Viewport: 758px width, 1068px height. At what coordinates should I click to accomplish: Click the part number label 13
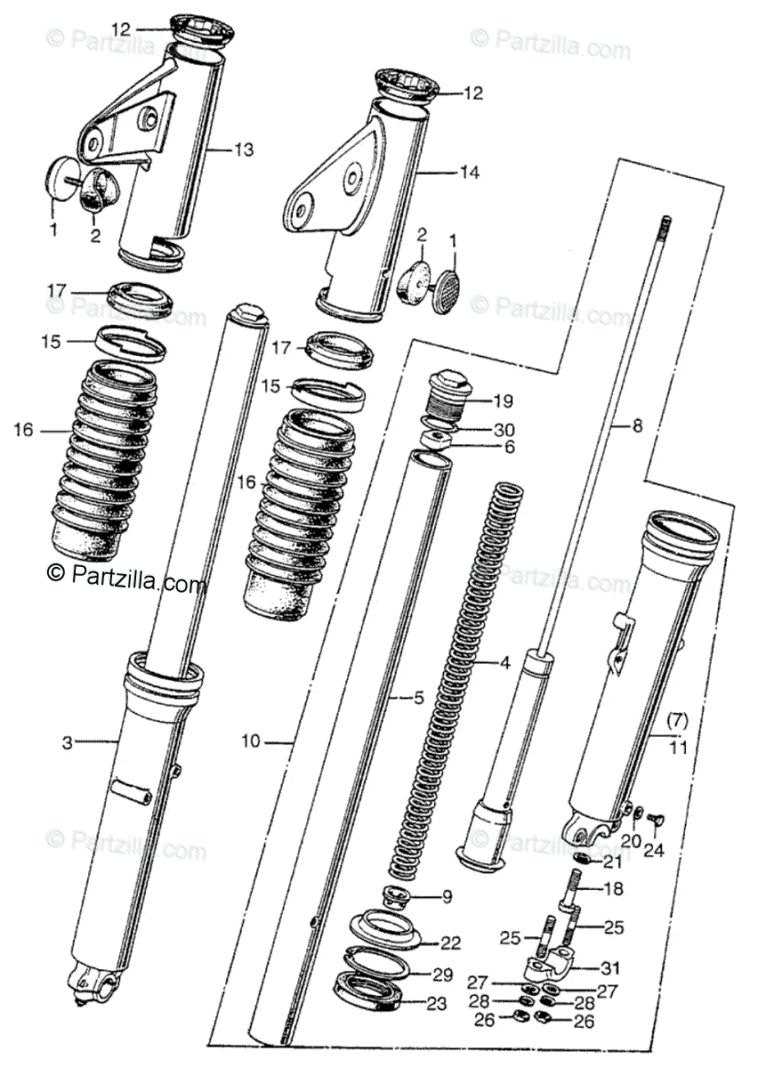pyautogui.click(x=244, y=150)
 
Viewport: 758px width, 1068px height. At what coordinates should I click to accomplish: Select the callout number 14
pyautogui.click(x=468, y=173)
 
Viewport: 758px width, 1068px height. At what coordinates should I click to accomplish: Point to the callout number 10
pyautogui.click(x=252, y=740)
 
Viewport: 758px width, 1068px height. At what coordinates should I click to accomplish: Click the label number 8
pyautogui.click(x=636, y=426)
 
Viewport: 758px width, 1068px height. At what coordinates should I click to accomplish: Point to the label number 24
pyautogui.click(x=654, y=850)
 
